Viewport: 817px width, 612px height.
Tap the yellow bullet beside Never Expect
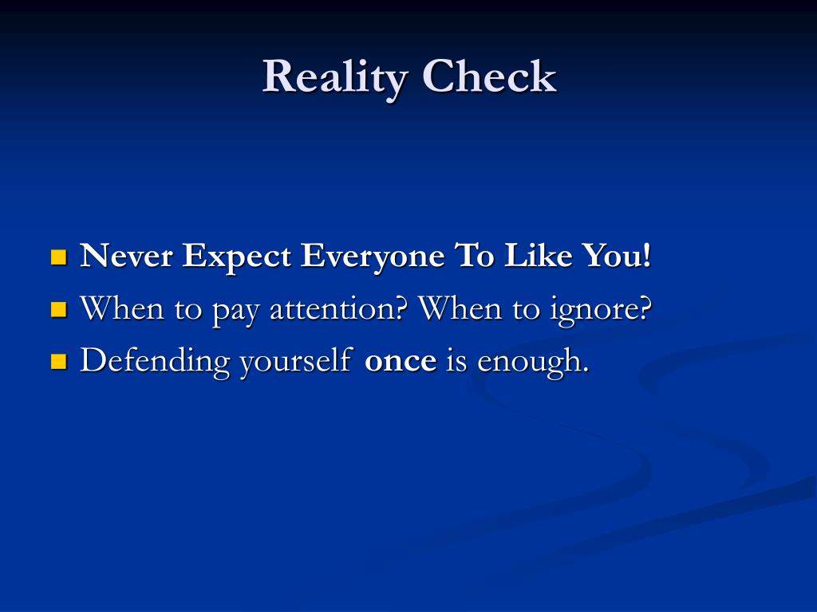pyautogui.click(x=59, y=257)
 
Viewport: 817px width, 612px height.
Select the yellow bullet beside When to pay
pyautogui.click(x=59, y=309)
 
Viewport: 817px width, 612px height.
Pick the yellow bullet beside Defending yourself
pyautogui.click(x=59, y=361)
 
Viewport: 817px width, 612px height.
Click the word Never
pyautogui.click(x=126, y=256)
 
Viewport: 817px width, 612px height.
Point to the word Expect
pyautogui.click(x=236, y=257)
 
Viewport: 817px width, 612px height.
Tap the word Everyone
pyautogui.click(x=373, y=257)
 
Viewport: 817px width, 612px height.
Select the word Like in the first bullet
pyautogui.click(x=539, y=255)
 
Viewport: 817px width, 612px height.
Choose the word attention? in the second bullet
pyautogui.click(x=338, y=308)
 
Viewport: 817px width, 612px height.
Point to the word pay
pyautogui.click(x=235, y=312)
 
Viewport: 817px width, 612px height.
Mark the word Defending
pyautogui.click(x=155, y=361)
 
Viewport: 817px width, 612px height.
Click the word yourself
pyautogui.click(x=297, y=361)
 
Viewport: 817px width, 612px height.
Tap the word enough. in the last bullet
pyautogui.click(x=533, y=363)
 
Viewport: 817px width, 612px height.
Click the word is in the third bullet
pyautogui.click(x=457, y=360)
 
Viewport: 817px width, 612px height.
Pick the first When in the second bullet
pyautogui.click(x=121, y=308)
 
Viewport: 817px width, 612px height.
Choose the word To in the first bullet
pyautogui.click(x=474, y=256)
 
